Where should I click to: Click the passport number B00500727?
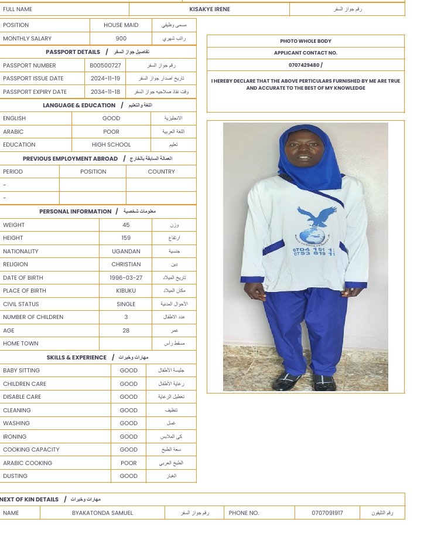[105, 66]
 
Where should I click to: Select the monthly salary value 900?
[121, 39]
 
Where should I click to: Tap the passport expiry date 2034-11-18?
[105, 92]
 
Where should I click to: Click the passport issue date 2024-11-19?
[105, 79]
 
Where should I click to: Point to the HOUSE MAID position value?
[121, 25]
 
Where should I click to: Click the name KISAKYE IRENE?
[210, 9]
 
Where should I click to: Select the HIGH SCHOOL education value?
[111, 145]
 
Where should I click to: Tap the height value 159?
[126, 238]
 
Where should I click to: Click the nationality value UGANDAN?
[126, 252]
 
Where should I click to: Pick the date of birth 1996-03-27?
[126, 278]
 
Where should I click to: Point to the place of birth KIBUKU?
[126, 291]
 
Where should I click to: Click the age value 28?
[126, 331]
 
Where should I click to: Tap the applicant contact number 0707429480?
[305, 65]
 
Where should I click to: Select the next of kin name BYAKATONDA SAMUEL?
[102, 513]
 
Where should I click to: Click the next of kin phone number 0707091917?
[327, 513]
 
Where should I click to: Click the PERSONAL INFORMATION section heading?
[75, 212]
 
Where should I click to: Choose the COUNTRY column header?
[161, 172]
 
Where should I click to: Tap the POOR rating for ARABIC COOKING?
[129, 463]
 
